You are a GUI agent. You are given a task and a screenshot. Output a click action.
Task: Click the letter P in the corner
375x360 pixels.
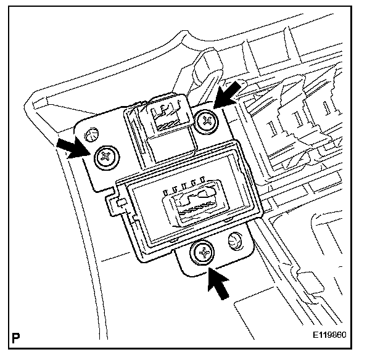coord(15,338)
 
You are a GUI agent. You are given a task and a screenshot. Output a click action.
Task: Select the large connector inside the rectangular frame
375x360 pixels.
coord(193,207)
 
